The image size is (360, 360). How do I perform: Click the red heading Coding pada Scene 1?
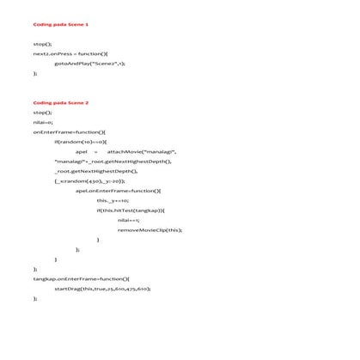click(x=61, y=24)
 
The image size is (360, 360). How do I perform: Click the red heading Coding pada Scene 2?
click(x=61, y=102)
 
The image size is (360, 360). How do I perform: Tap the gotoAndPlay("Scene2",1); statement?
click(x=89, y=64)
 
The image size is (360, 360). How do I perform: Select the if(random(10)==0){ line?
click(x=80, y=142)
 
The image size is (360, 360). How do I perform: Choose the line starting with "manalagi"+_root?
click(x=112, y=161)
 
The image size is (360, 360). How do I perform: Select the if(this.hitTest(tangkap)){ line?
click(x=131, y=210)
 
